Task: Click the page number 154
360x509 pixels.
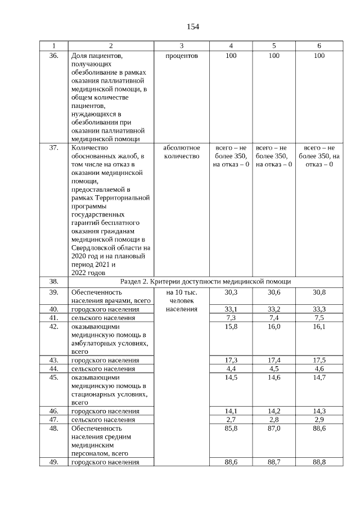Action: pos(193,26)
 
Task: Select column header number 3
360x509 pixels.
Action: pos(181,46)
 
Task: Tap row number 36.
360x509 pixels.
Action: pos(53,56)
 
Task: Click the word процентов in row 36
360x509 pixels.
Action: pos(181,56)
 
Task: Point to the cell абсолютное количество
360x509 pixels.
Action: pos(181,152)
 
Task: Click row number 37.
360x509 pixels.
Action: pos(53,148)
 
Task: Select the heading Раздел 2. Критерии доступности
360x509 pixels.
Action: pos(209,281)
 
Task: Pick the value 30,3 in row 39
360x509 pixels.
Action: pos(231,292)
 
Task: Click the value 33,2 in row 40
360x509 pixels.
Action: pos(274,309)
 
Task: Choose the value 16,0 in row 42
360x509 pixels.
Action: pos(274,326)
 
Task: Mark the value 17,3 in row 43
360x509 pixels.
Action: pos(231,359)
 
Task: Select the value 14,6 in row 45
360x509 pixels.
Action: pos(274,377)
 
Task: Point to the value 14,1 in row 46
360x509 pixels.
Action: pos(231,411)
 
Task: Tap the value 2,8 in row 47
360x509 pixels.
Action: pos(274,420)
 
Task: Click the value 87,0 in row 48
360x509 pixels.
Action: pos(274,428)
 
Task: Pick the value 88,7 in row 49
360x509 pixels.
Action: pos(274,462)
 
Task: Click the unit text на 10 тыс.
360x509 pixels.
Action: pos(181,292)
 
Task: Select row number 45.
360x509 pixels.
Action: pos(53,377)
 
